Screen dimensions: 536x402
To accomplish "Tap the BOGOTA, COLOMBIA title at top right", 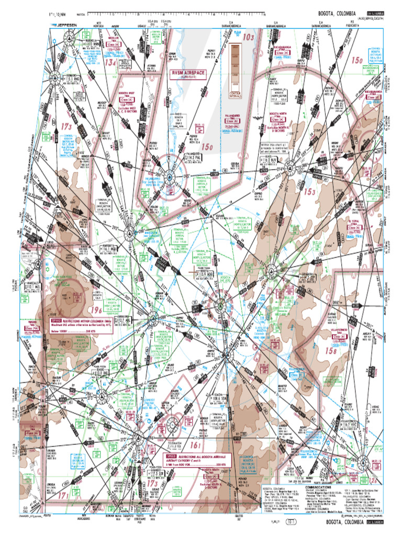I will (337, 13).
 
